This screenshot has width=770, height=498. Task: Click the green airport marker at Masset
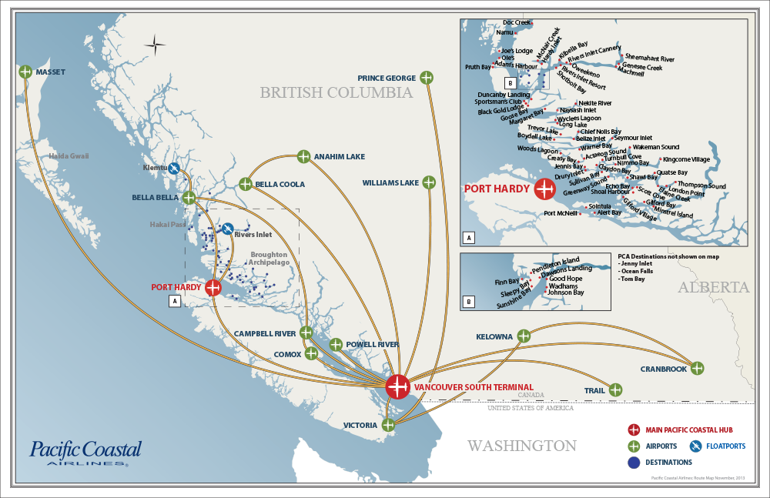(25, 72)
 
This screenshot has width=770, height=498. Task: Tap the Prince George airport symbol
(428, 77)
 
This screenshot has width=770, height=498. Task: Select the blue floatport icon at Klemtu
(175, 168)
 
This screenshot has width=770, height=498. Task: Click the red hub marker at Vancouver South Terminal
(397, 386)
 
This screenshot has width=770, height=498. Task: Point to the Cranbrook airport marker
(697, 368)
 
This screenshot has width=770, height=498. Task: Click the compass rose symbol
(155, 45)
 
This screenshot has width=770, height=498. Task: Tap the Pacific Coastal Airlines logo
(85, 452)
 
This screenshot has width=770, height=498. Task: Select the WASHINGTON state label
(521, 446)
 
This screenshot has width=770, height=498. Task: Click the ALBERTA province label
(713, 287)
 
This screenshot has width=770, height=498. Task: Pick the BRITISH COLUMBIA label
(336, 93)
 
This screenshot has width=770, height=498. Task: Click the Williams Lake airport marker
(429, 182)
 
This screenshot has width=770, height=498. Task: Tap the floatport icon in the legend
(696, 446)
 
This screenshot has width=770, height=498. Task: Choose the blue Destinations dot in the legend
(634, 463)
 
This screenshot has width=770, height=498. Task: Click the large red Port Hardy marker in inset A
(545, 188)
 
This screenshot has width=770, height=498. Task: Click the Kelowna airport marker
(524, 336)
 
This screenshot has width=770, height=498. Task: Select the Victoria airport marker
(388, 425)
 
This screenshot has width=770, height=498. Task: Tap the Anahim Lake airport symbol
(303, 156)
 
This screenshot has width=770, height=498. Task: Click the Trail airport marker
(615, 389)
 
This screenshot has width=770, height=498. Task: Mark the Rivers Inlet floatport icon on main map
(228, 229)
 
